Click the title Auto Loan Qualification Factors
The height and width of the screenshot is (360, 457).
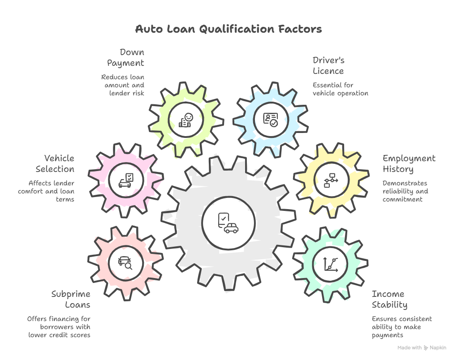pos(228,30)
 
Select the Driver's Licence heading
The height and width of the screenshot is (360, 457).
pos(328,66)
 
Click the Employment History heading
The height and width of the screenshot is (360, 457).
pos(409,164)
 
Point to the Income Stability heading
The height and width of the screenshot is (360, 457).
pos(389,300)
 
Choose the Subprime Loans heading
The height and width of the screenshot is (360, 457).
pos(71,300)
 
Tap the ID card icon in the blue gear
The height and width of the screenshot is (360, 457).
pos(271,120)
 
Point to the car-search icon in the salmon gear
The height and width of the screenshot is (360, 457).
pos(125,262)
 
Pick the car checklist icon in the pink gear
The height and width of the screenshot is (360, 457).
pos(125,180)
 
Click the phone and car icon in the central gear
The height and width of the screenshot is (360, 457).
pos(228,223)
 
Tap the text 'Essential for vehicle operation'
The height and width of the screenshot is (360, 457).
pos(340,89)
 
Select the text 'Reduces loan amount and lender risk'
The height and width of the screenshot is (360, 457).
pos(123,85)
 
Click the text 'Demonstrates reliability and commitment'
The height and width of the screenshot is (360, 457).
pos(405,191)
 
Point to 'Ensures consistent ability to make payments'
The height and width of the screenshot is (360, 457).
pos(401,327)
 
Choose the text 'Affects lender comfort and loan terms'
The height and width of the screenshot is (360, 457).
pos(47,191)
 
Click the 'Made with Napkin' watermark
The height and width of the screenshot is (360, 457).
pos(422,347)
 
